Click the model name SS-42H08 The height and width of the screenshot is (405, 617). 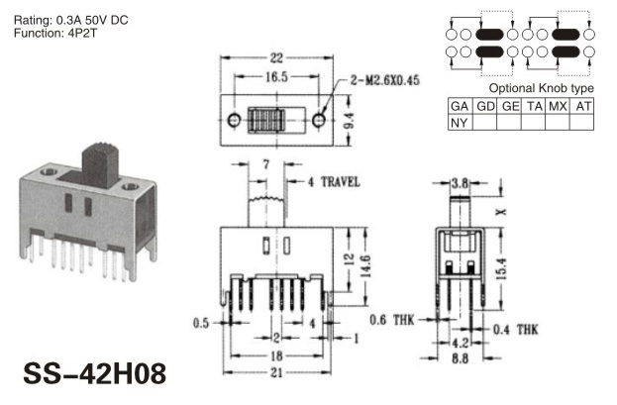click(95, 373)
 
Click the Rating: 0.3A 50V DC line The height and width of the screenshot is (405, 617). click(71, 20)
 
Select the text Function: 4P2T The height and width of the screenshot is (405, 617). click(55, 33)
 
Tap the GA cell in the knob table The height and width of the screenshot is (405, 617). click(460, 106)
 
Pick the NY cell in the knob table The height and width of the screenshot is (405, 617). click(460, 123)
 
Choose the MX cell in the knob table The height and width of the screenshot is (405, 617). click(558, 106)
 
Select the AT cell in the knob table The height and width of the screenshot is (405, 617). click(582, 106)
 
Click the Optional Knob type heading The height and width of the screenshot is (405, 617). click(542, 88)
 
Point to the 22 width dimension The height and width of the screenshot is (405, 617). click(276, 58)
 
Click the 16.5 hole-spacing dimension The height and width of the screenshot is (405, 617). click(276, 77)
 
